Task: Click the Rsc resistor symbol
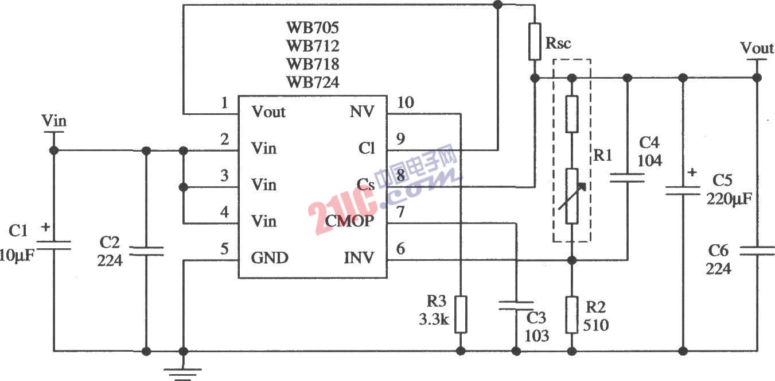point(535,42)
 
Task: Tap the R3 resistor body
point(460,314)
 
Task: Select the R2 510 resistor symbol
point(571,314)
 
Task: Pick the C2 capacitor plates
point(146,251)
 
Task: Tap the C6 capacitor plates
point(757,251)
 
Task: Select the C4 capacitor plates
point(627,179)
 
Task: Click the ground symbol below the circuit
point(184,374)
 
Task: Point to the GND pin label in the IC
point(270,258)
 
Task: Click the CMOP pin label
point(349,221)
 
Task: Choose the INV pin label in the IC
point(359,258)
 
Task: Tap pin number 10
point(405,103)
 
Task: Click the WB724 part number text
point(313,82)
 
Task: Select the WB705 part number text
point(313,27)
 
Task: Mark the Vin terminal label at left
point(54,121)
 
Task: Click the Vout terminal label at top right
point(757,48)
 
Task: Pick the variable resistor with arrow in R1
point(572,196)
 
